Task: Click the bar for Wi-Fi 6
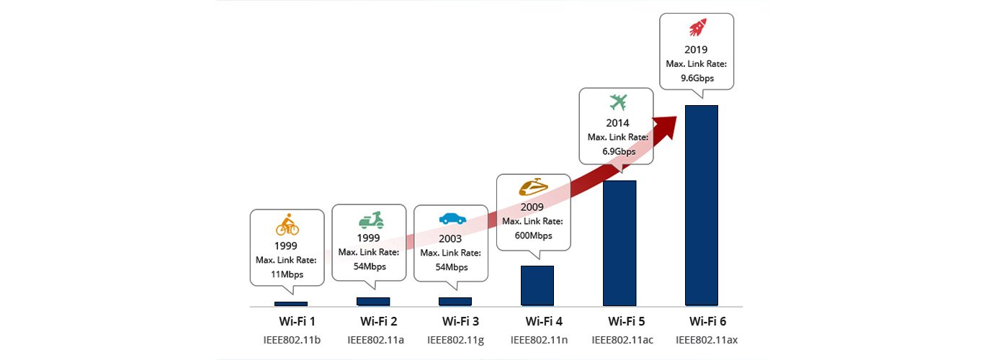tap(702, 205)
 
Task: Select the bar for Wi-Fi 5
tap(620, 243)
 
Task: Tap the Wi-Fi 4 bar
tap(537, 286)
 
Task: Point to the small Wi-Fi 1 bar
tap(291, 304)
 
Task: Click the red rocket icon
tap(697, 28)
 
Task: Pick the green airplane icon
tap(617, 102)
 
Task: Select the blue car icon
tap(452, 219)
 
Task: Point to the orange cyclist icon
tap(287, 227)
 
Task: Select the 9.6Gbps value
tap(697, 78)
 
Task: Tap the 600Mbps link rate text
tap(534, 235)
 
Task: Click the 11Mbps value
tap(287, 274)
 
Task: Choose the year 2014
tap(617, 123)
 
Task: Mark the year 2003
tap(450, 238)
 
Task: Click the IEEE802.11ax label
tap(701, 338)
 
